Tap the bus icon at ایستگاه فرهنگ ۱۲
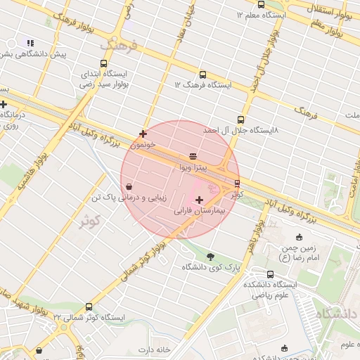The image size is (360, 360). coord(202,75)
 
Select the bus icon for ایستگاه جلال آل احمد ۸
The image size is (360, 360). coord(241,120)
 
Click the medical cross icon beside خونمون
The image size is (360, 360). coord(143,134)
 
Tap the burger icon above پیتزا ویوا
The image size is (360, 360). coord(193,156)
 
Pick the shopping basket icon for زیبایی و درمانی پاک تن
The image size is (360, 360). coord(129,187)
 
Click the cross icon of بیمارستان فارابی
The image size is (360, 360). coord(200,200)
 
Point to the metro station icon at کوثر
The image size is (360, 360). coord(237,184)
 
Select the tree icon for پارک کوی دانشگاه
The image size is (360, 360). coord(211,256)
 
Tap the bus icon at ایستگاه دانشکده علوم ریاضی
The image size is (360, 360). coord(271,275)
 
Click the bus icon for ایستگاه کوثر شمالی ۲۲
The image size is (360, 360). coord(88,307)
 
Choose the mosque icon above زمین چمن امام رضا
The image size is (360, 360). coord(300,237)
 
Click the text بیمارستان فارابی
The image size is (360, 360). coord(179,211)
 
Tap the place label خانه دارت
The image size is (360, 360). coord(155,349)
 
